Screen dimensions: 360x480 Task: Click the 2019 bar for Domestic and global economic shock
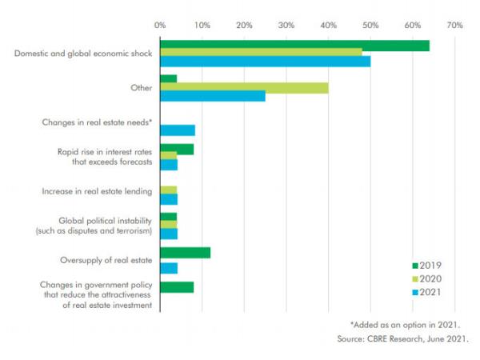[294, 46]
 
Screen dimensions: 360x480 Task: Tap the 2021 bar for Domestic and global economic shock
[265, 62]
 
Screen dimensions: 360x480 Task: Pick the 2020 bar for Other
[244, 88]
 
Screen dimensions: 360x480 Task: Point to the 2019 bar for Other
[168, 79]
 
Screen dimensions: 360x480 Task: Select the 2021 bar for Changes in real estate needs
[178, 130]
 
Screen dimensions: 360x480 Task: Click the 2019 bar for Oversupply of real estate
[185, 253]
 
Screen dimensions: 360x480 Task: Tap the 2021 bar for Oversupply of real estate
[169, 268]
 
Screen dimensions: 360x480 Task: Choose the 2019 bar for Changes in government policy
[177, 287]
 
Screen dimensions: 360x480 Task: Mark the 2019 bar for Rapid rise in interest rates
[177, 149]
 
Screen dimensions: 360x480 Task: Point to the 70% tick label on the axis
[454, 26]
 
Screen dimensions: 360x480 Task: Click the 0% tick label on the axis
[160, 26]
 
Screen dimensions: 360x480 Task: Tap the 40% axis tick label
[328, 26]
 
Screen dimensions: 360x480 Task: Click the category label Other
[142, 87]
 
